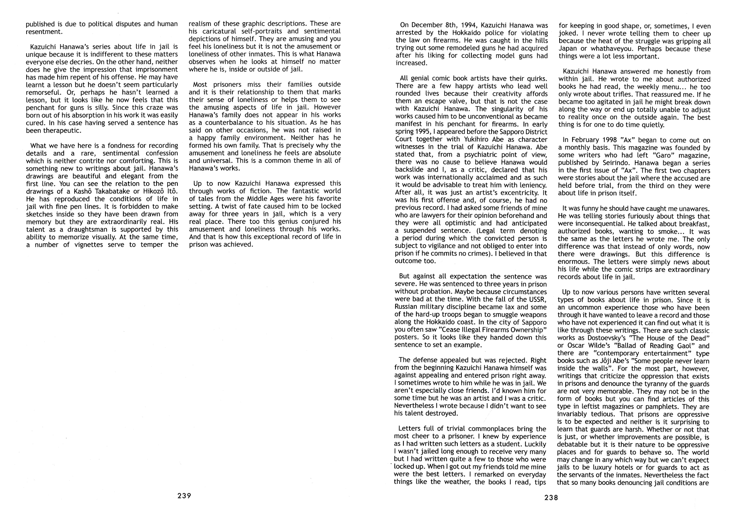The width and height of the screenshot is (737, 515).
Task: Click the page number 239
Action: pyautogui.click(x=184, y=496)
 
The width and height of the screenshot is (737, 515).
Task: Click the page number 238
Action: pyautogui.click(x=551, y=498)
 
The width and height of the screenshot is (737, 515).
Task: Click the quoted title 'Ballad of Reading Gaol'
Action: pyautogui.click(x=650, y=346)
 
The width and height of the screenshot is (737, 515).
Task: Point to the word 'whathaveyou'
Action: pyautogui.click(x=601, y=49)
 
